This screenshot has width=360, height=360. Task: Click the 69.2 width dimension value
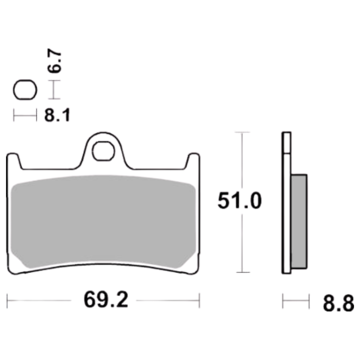tap(106, 300)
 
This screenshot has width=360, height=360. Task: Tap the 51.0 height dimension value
tap(240, 201)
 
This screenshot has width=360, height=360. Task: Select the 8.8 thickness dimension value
tap(338, 303)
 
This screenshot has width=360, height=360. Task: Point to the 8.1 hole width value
tap(57, 115)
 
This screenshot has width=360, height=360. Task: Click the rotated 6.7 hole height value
tap(54, 61)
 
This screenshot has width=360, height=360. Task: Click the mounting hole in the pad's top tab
tap(103, 151)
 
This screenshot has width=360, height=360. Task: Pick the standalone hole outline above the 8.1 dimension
tap(25, 90)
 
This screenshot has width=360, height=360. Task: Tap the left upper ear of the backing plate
tap(14, 161)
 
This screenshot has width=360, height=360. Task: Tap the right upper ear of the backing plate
tap(192, 161)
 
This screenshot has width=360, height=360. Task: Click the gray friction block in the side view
tap(299, 221)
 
